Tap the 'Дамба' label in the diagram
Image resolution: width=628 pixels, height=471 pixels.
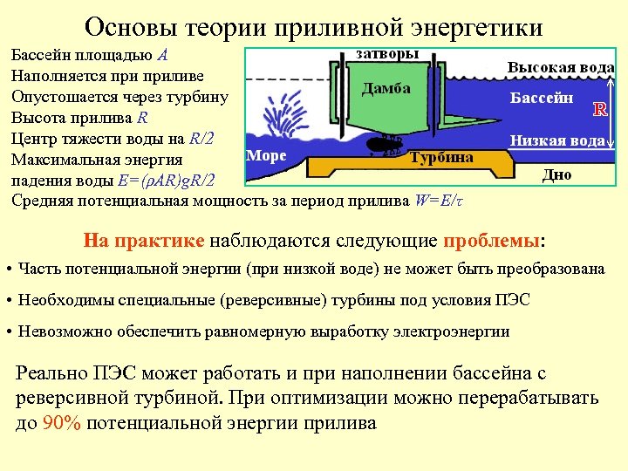pyautogui.click(x=386, y=89)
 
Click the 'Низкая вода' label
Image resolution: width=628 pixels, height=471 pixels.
pyautogui.click(x=556, y=140)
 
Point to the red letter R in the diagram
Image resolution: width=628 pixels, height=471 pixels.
pyautogui.click(x=600, y=110)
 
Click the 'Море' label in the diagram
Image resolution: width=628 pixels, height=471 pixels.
pyautogui.click(x=267, y=155)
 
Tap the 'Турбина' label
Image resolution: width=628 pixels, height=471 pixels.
pyautogui.click(x=441, y=158)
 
